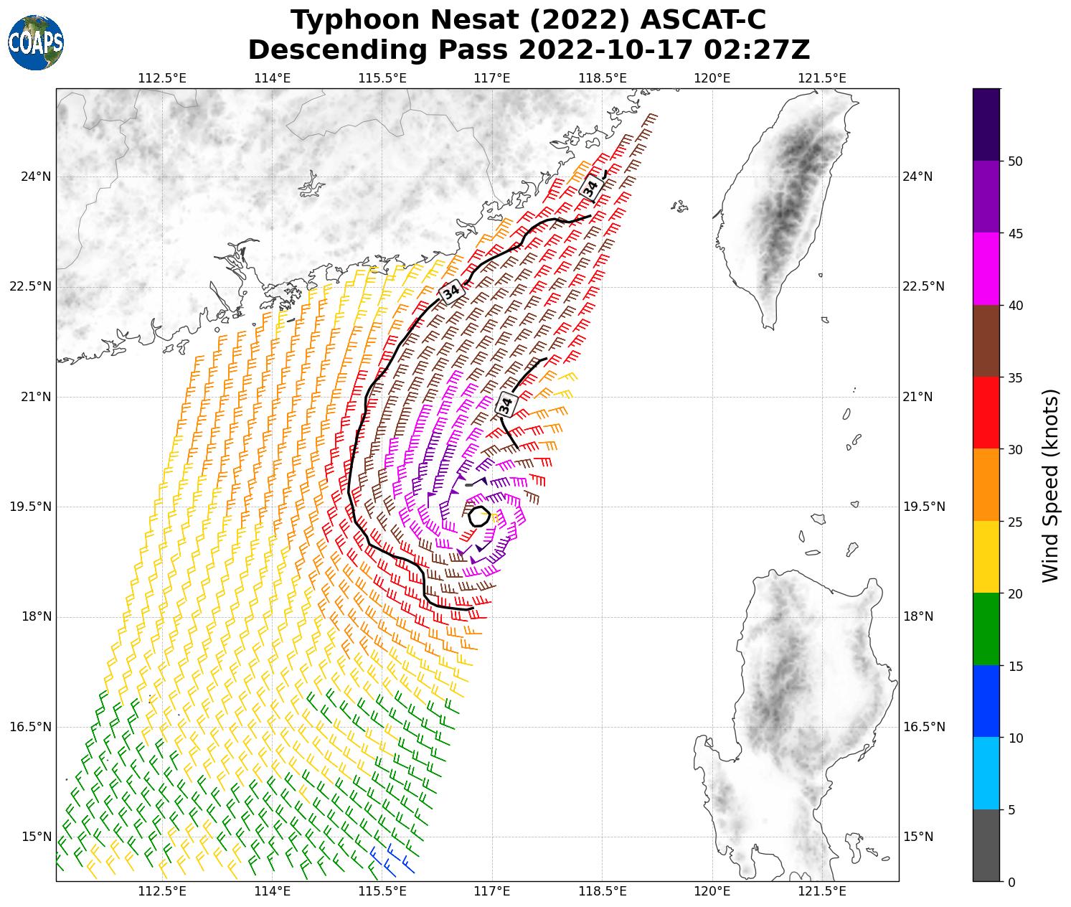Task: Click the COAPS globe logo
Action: click(36, 43)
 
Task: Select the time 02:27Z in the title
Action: click(757, 50)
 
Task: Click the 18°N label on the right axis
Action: click(917, 616)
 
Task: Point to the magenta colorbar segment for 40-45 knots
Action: click(986, 269)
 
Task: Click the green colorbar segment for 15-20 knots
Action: click(986, 629)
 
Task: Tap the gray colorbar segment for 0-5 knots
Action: click(986, 845)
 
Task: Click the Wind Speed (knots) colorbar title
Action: click(1051, 486)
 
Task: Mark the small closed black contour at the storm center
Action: click(479, 516)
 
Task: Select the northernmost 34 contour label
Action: click(590, 187)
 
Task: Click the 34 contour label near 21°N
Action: click(506, 405)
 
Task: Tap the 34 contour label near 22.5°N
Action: click(451, 292)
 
